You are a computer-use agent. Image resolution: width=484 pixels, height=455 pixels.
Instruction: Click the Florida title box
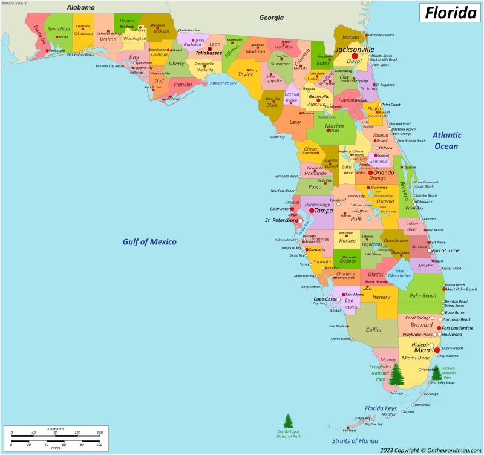(450, 11)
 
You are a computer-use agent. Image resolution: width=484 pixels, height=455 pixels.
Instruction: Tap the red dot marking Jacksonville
(355, 56)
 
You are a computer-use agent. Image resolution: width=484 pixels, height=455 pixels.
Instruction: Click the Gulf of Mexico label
(149, 242)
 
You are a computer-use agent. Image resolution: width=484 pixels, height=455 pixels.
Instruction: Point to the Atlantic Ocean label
(446, 140)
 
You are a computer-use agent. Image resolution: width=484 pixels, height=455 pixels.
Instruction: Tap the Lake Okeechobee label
(399, 273)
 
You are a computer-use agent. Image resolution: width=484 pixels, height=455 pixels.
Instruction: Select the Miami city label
(424, 350)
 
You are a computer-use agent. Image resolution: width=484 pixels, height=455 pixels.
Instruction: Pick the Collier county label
(374, 330)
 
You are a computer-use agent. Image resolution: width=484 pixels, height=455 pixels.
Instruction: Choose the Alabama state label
(80, 7)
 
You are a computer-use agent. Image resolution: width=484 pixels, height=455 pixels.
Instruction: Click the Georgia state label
(271, 18)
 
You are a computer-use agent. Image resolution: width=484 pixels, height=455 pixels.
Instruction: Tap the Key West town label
(350, 431)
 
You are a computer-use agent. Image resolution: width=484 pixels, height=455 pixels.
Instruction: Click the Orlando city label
(383, 172)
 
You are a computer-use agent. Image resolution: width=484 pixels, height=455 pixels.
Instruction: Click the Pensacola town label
(57, 51)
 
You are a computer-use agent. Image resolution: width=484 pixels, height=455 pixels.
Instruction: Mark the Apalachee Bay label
(223, 83)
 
